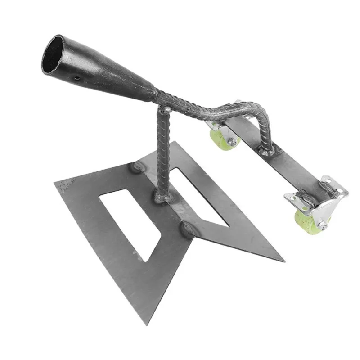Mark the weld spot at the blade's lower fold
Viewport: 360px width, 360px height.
pyautogui.click(x=187, y=230)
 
